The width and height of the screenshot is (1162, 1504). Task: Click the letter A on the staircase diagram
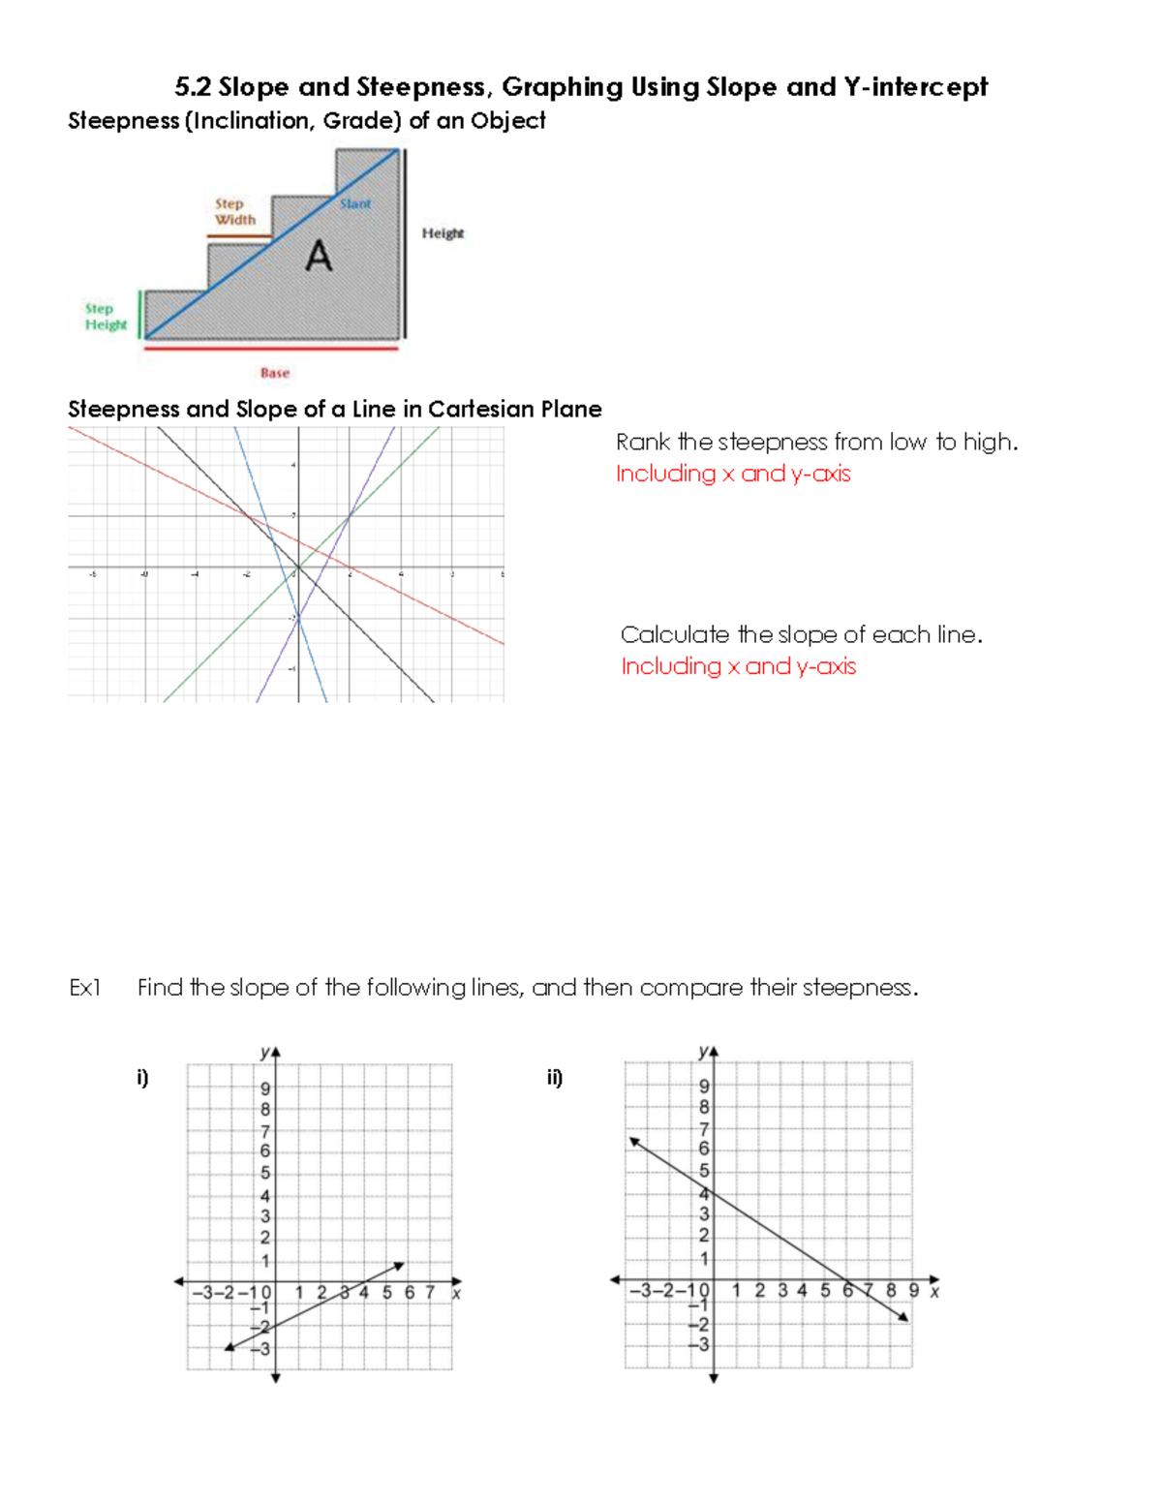[x=319, y=257]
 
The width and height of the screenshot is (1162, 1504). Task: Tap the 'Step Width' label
[x=234, y=212]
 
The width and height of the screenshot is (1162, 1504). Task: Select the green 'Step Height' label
[x=105, y=317]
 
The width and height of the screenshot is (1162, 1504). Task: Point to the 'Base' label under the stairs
[x=275, y=373]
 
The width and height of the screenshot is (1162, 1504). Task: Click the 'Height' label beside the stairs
[x=443, y=233]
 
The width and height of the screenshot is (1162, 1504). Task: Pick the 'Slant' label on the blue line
[x=355, y=204]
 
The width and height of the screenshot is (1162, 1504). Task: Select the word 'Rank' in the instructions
[x=643, y=443]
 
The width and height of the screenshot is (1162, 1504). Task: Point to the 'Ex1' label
[x=85, y=988]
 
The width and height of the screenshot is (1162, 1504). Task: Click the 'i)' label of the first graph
[x=143, y=1078]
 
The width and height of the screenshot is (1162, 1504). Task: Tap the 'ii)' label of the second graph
[x=555, y=1078]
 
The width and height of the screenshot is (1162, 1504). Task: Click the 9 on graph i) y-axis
[x=265, y=1089]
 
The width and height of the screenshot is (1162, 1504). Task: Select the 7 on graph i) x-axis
[x=430, y=1293]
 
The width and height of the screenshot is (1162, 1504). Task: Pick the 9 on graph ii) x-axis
[x=913, y=1291]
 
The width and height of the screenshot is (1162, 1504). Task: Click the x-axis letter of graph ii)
[x=934, y=1292]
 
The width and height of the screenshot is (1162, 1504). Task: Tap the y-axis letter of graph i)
[x=264, y=1052]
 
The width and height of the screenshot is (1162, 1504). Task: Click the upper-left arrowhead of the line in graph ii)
[x=634, y=1142]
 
